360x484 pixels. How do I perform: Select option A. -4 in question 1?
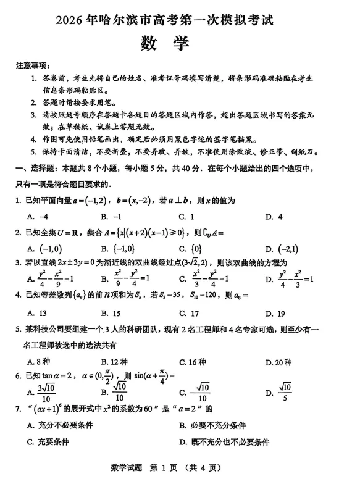[37, 217]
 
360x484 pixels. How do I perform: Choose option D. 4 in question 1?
[273, 217]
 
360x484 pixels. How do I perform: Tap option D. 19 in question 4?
[274, 313]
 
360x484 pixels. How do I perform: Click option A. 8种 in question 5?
[38, 362]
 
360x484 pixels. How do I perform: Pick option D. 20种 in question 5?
[277, 362]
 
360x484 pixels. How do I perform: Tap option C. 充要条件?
[48, 441]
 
